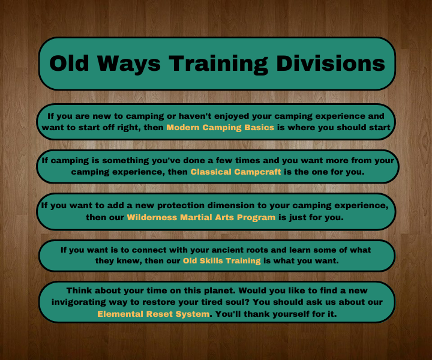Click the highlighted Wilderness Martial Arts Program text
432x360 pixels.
pyautogui.click(x=202, y=217)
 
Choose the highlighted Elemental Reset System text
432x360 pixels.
pyautogui.click(x=154, y=313)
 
